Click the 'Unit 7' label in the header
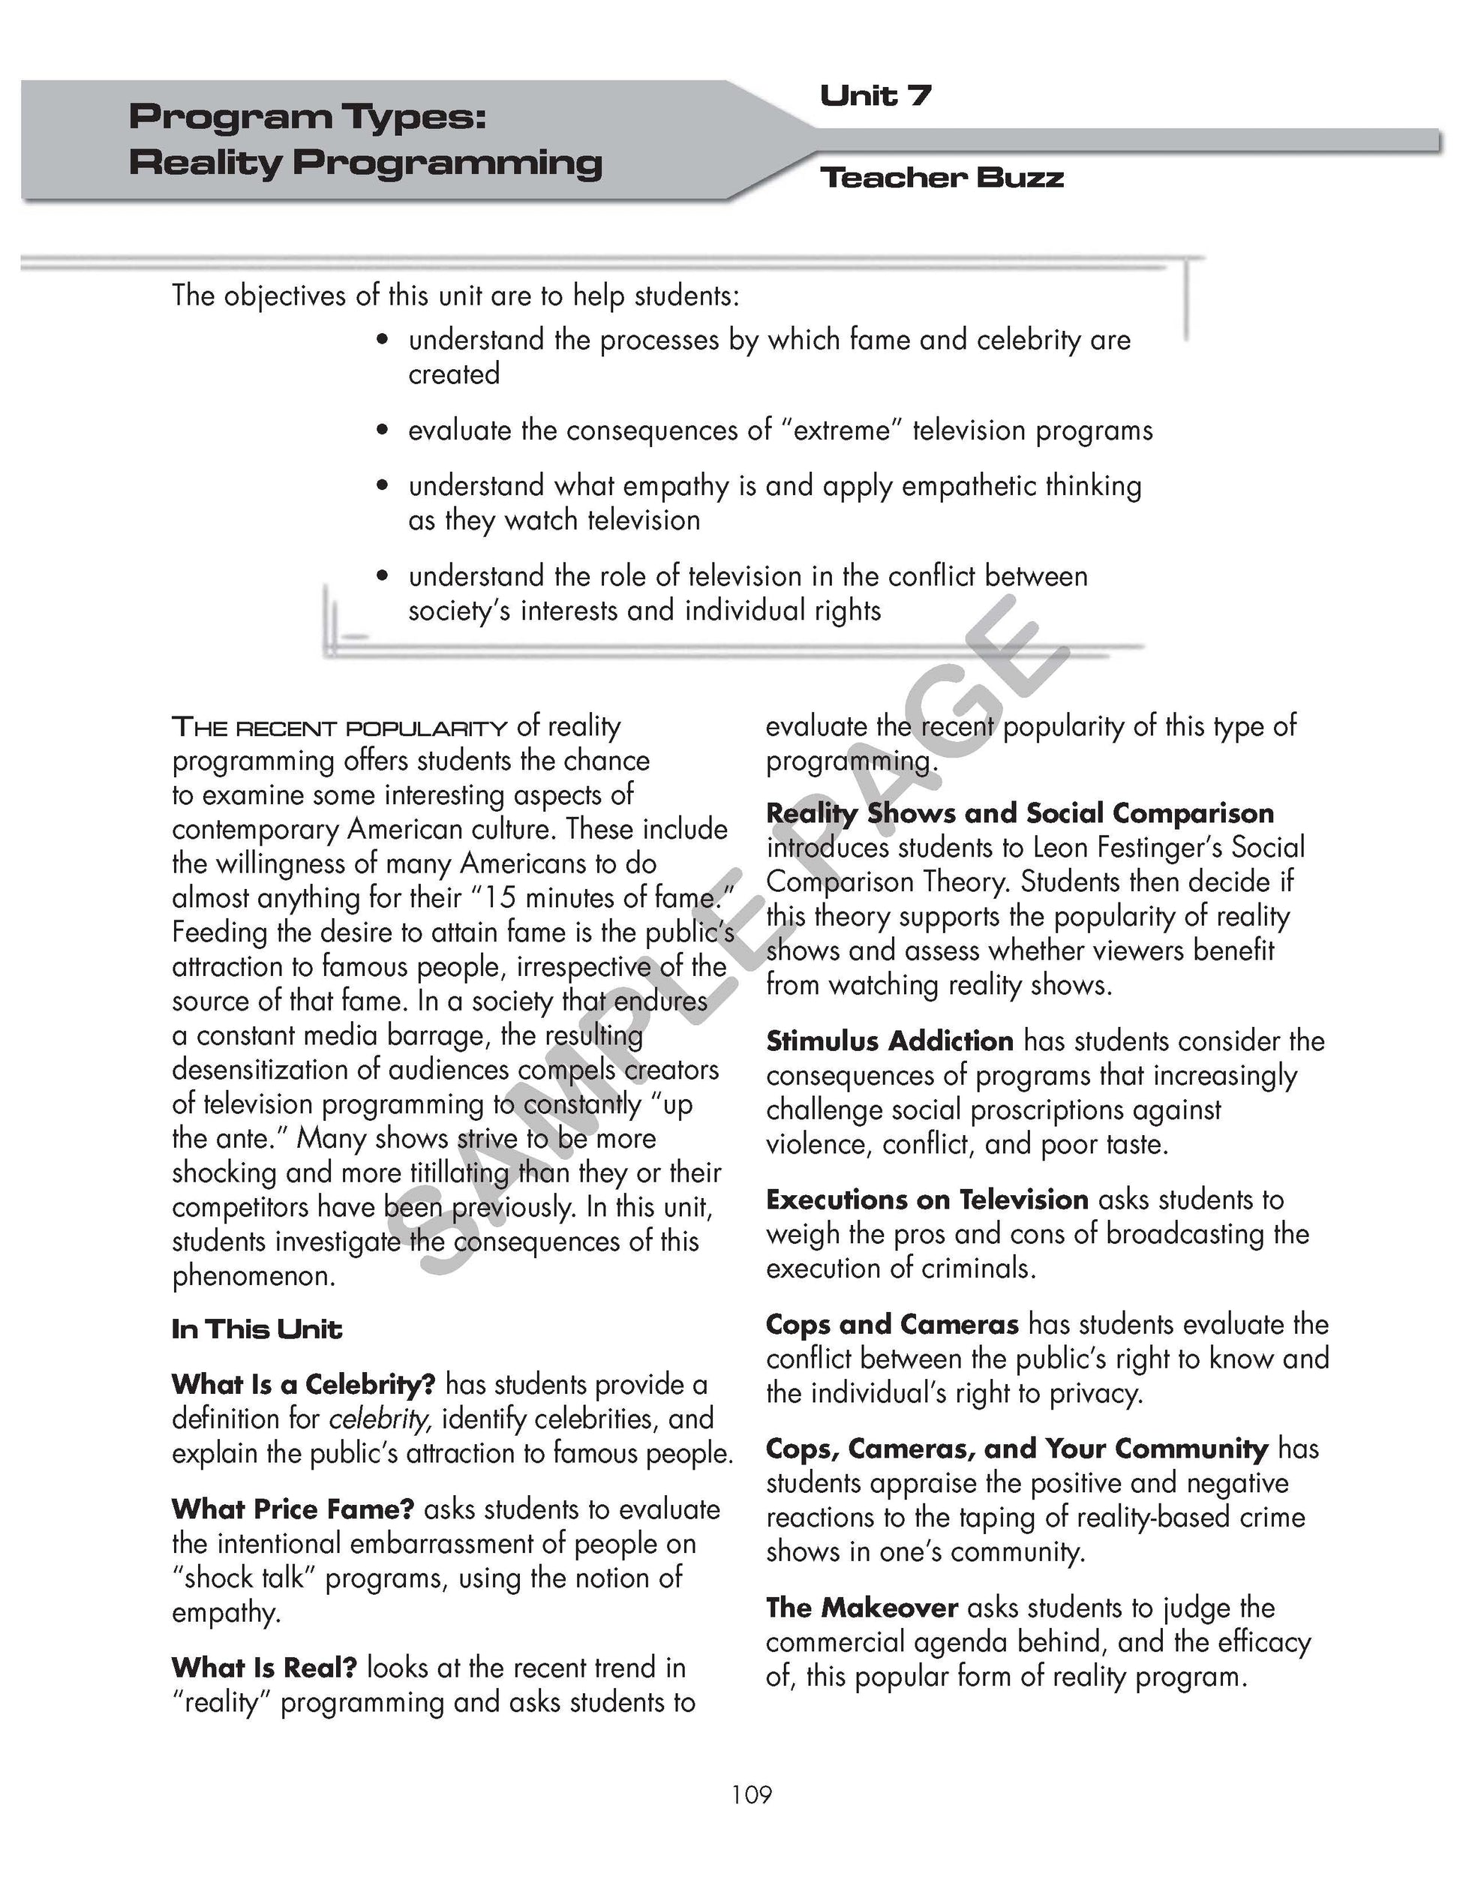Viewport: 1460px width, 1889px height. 875,95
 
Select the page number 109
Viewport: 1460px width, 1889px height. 751,1794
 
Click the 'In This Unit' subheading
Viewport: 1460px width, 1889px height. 256,1329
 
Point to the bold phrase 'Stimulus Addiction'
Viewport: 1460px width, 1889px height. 889,1041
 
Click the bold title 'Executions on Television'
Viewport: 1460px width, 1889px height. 927,1200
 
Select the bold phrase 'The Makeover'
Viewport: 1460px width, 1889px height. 861,1608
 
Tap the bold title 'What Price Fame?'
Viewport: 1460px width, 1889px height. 293,1509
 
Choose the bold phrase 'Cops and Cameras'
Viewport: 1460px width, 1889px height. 892,1324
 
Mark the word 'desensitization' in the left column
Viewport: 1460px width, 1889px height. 262,1070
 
